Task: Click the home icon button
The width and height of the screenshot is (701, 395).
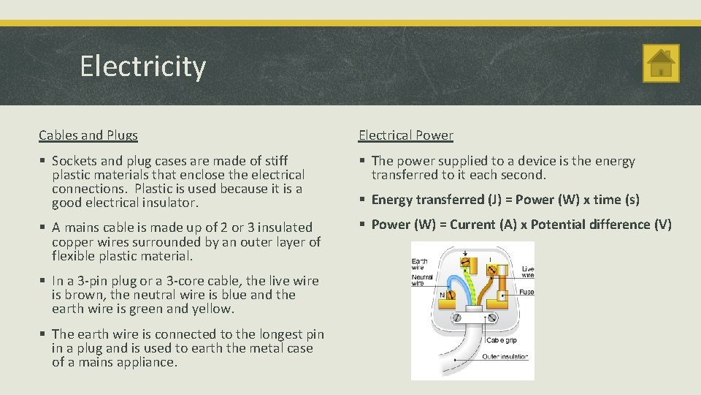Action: [661, 64]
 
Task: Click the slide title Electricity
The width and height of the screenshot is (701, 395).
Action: [143, 67]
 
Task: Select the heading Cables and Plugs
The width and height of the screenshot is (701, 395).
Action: [88, 135]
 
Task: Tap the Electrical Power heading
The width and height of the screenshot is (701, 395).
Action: [405, 135]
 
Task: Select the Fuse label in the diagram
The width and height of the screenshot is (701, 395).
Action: [526, 292]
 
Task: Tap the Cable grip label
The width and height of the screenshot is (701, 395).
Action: [503, 340]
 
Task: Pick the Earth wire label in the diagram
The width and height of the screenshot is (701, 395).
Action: [420, 263]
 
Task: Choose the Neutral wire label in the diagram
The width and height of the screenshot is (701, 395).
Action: [421, 279]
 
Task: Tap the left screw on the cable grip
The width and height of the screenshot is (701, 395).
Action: [457, 319]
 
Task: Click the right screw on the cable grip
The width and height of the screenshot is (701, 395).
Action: [491, 319]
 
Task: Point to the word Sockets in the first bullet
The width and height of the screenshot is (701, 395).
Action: [77, 161]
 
